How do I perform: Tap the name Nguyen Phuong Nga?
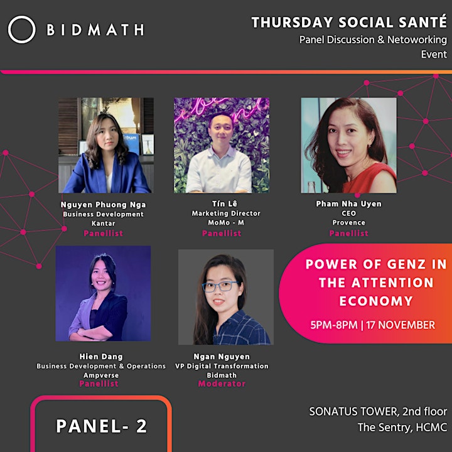(103, 205)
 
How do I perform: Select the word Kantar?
(103, 223)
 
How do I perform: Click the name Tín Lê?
(225, 204)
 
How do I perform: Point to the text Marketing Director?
(226, 213)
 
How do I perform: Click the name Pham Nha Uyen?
(348, 204)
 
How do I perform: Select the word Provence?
(348, 222)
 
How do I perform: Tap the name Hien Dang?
(101, 357)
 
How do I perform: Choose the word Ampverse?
(101, 375)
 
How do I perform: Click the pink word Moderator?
(222, 384)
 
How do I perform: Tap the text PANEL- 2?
(102, 426)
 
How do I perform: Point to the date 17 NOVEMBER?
(401, 325)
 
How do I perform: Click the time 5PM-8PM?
(334, 325)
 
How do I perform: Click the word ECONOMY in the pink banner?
(376, 301)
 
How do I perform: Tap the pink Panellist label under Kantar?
(103, 233)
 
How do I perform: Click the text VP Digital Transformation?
(222, 366)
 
